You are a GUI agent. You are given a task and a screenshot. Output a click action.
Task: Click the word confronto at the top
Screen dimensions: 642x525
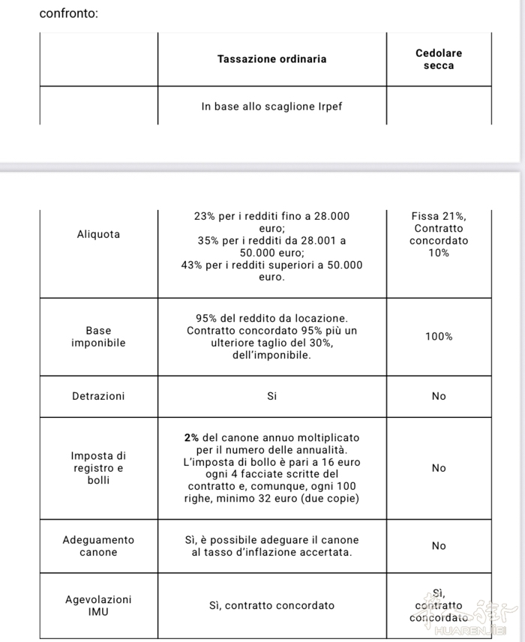click(68, 13)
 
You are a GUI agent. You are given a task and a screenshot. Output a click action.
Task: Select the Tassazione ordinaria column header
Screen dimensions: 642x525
click(271, 58)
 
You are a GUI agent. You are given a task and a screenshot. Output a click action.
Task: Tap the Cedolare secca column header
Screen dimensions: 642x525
click(439, 59)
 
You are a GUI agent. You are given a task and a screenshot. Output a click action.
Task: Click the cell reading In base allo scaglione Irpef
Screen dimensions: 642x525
click(271, 106)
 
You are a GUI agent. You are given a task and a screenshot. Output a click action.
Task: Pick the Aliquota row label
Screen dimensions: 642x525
click(98, 234)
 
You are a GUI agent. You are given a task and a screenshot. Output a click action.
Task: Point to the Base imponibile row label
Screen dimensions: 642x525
click(98, 337)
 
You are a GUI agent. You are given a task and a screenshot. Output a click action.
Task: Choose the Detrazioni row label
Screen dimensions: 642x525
click(98, 396)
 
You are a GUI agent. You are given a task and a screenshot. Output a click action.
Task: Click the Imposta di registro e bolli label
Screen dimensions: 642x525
click(98, 468)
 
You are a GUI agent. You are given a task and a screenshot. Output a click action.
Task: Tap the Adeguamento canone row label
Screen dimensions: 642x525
click(98, 546)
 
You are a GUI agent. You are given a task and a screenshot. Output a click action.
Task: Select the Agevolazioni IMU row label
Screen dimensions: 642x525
click(98, 605)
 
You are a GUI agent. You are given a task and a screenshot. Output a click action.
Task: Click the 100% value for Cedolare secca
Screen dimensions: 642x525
click(439, 337)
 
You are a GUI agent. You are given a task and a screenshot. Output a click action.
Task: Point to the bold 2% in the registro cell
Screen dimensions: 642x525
click(190, 437)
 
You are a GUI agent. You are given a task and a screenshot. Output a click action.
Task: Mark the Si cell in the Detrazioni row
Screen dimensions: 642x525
click(271, 396)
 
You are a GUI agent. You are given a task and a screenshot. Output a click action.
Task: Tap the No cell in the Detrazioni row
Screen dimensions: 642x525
click(439, 396)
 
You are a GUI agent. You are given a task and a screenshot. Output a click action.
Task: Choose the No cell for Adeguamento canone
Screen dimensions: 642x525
click(439, 546)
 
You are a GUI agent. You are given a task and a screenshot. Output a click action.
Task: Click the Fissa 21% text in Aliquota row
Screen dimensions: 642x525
click(439, 216)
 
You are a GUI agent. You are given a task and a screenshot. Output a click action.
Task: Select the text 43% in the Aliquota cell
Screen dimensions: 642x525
click(193, 265)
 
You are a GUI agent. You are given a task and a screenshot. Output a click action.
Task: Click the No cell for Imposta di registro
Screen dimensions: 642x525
click(439, 468)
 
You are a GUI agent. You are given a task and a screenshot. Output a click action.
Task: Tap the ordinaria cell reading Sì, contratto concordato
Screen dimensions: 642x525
click(271, 605)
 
